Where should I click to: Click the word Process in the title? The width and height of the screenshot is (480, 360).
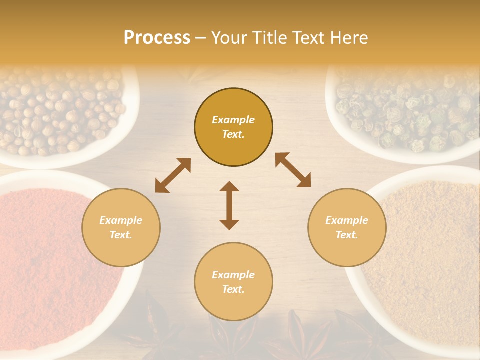click(x=157, y=38)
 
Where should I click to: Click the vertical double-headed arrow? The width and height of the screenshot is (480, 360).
click(x=229, y=205)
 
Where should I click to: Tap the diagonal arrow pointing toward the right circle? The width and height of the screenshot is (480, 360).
click(x=293, y=170)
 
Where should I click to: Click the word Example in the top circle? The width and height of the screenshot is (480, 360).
click(x=233, y=120)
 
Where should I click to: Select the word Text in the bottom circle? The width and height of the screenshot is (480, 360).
click(x=232, y=289)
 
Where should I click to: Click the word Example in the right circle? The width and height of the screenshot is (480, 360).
click(x=346, y=220)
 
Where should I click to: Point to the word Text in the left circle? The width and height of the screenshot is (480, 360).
click(x=120, y=235)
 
